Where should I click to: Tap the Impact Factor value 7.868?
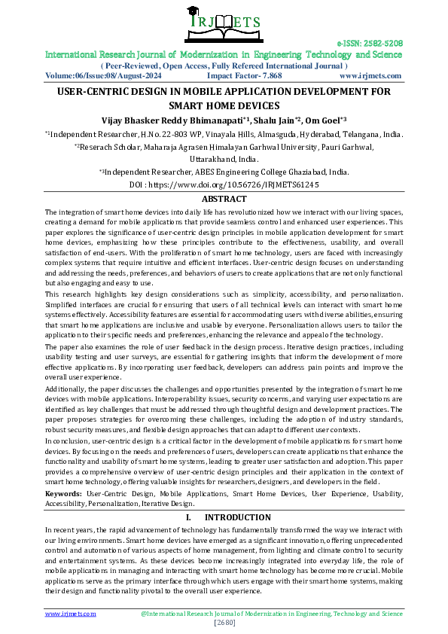click(269, 76)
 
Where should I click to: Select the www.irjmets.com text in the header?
click(370, 76)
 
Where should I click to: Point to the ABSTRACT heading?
click(224, 199)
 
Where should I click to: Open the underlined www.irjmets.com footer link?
click(71, 614)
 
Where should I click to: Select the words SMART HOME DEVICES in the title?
click(224, 105)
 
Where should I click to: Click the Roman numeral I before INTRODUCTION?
click(187, 517)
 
